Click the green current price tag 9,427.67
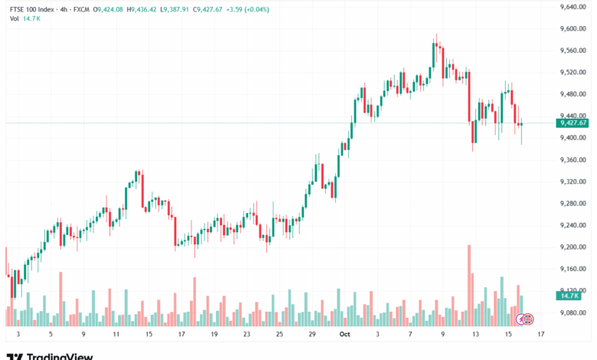pos(573,123)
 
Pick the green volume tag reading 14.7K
pos(569,295)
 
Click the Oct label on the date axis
pos(344,335)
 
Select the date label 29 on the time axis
pos(312,335)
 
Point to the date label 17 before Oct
pos(181,335)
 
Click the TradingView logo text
pos(60,355)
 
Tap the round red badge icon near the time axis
pos(527,318)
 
